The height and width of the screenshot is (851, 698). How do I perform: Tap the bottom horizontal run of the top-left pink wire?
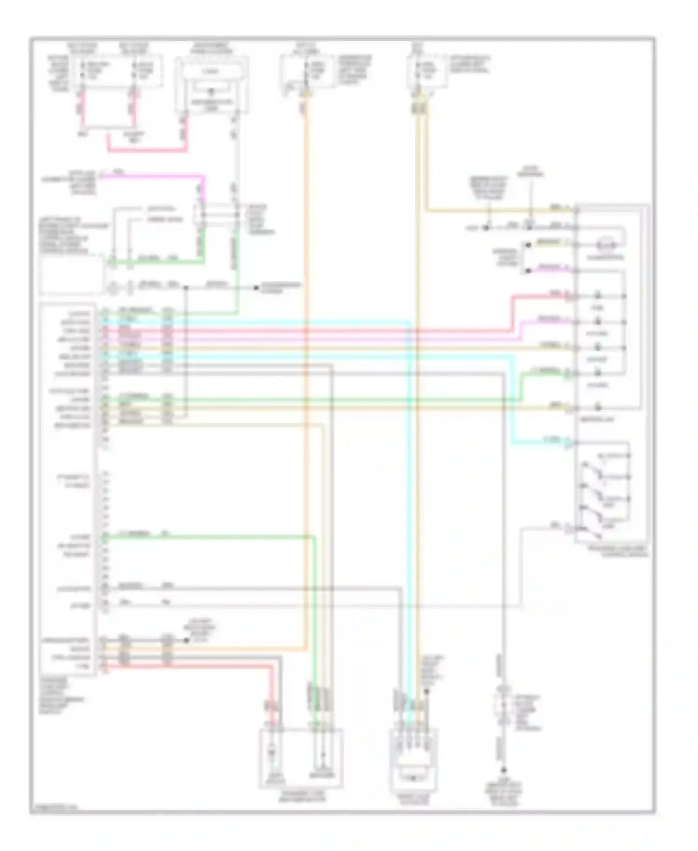[x=147, y=150]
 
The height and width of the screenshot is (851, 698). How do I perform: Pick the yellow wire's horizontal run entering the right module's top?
[x=498, y=211]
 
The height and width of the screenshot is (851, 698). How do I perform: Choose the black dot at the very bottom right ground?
[x=503, y=770]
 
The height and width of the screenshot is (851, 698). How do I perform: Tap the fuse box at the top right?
[x=428, y=71]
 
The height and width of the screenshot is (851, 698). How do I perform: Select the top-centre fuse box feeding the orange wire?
[x=307, y=71]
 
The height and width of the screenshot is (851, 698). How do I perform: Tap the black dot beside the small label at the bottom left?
[x=187, y=640]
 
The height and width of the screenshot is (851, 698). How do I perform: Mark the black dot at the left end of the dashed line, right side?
[x=485, y=228]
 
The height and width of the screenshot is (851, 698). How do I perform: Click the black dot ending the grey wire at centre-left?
[x=256, y=288]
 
